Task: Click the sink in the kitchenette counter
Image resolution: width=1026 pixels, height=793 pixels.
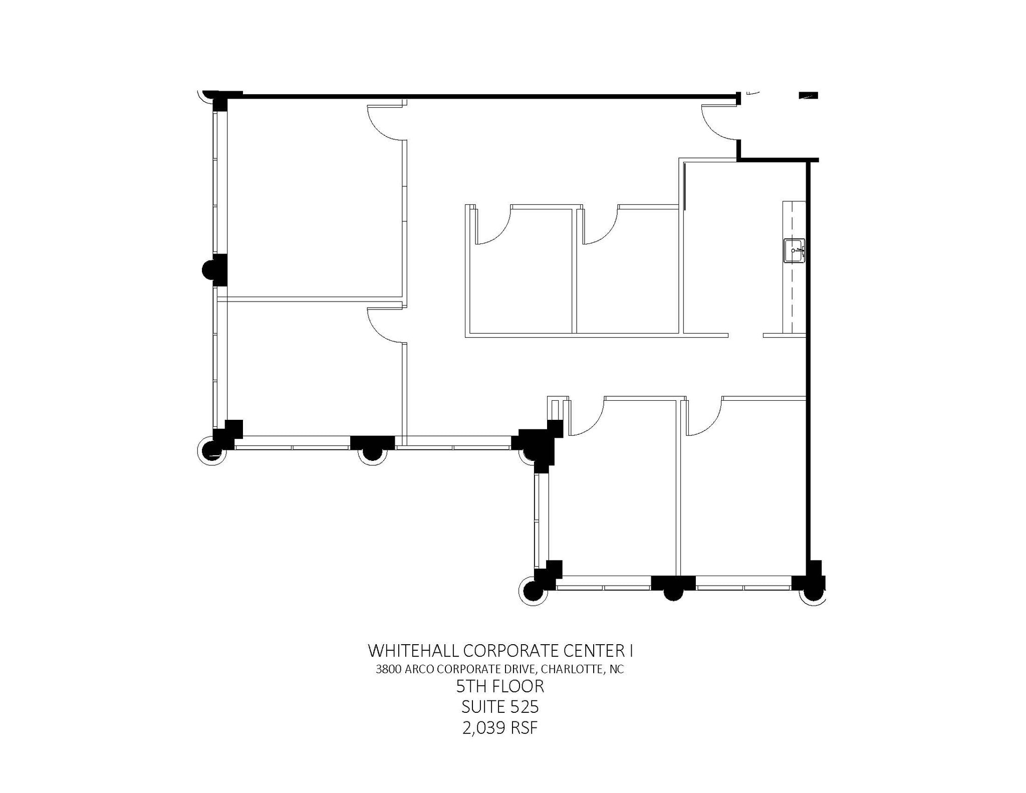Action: [794, 250]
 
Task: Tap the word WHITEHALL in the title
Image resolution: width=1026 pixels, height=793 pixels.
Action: [413, 651]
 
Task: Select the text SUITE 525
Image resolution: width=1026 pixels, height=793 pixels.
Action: [500, 707]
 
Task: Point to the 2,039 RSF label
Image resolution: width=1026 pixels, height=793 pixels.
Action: [500, 728]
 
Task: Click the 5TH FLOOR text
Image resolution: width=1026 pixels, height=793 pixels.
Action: [500, 686]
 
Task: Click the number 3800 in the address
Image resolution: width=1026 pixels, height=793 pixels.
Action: [389, 669]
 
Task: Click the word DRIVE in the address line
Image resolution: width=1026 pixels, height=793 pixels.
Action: [521, 669]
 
